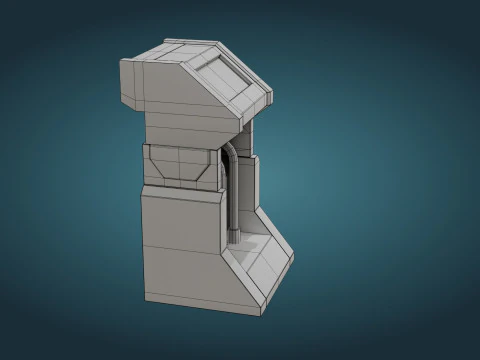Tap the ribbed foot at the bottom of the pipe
click(234, 238)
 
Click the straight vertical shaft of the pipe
click(231, 195)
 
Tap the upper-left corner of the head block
click(122, 60)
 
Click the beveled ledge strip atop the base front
click(180, 191)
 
